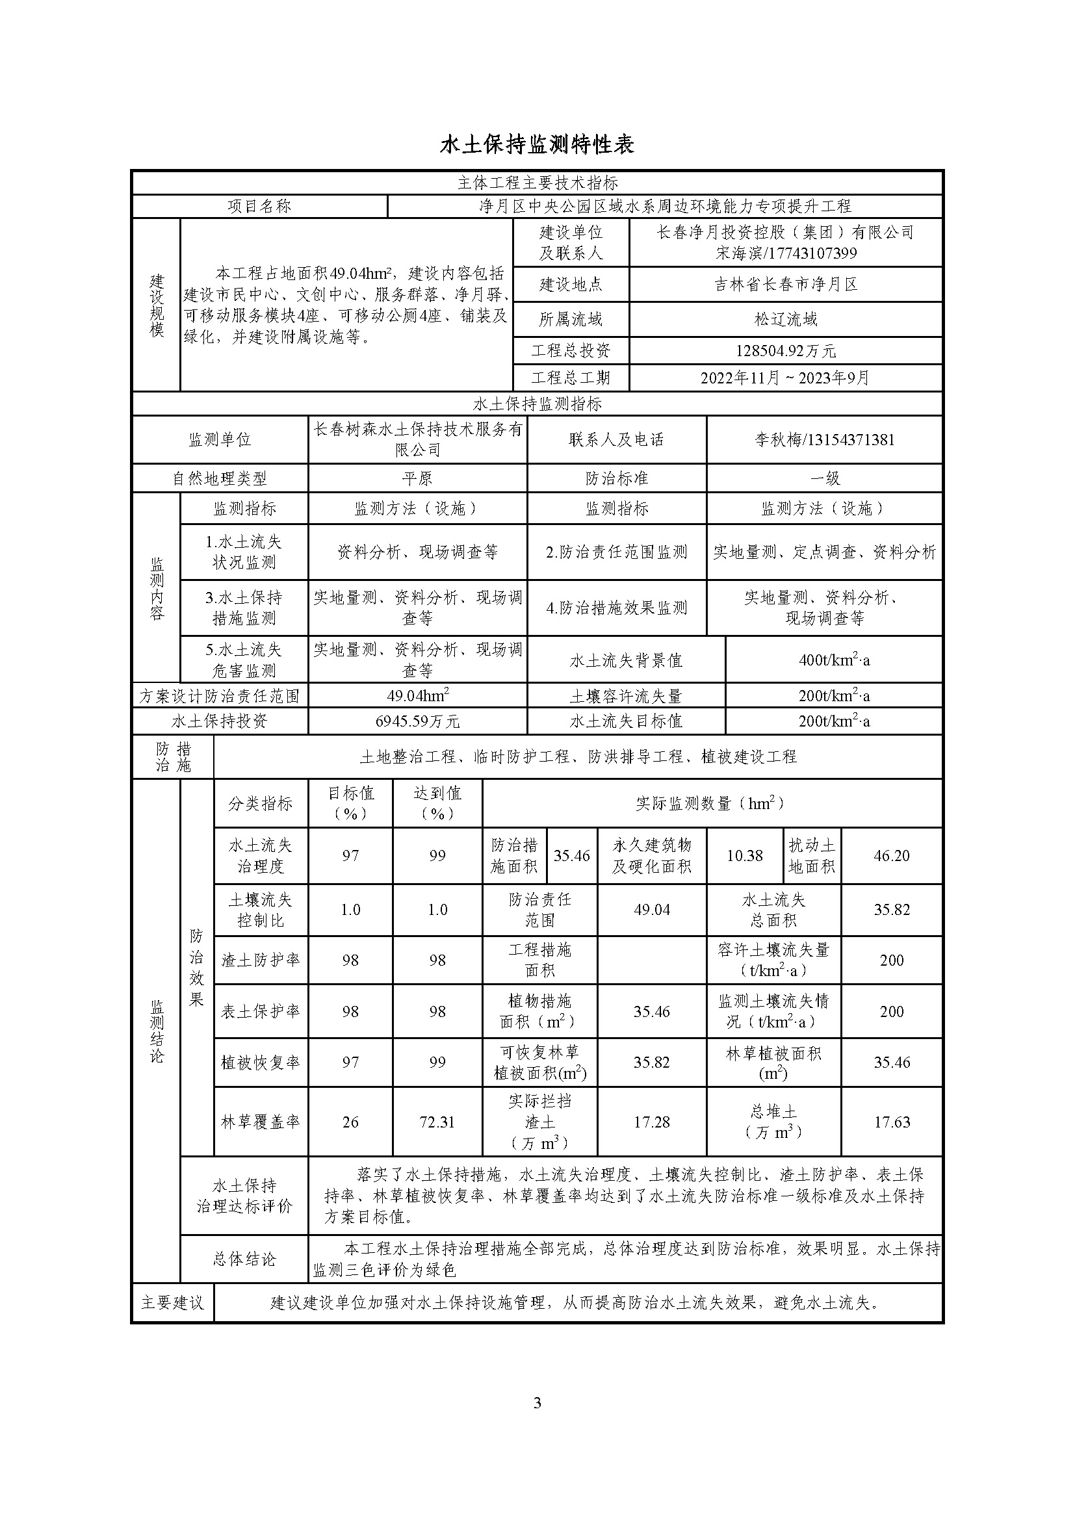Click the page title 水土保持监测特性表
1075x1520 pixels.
[x=537, y=144]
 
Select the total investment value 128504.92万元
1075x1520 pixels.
[x=785, y=351]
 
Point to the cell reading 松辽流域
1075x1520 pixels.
[x=785, y=320]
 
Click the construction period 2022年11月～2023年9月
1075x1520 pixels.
[x=785, y=378]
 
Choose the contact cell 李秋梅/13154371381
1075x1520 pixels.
[x=824, y=439]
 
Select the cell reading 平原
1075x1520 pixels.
[x=417, y=478]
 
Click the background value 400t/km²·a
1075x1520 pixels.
[x=833, y=660]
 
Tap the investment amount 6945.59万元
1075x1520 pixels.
[x=417, y=721]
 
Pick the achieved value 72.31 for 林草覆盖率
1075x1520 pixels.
[x=437, y=1122]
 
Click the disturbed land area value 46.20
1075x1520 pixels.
[x=891, y=855]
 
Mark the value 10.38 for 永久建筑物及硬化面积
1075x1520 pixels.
[x=744, y=855]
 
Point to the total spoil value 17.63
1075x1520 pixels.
[x=891, y=1122]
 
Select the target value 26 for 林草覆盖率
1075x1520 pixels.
[x=350, y=1122]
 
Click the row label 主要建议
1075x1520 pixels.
[x=172, y=1302]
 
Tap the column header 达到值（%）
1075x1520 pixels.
[x=437, y=803]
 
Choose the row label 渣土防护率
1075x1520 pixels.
[x=260, y=960]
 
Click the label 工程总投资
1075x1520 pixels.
[x=571, y=351]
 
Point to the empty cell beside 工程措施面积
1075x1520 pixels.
[x=651, y=960]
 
